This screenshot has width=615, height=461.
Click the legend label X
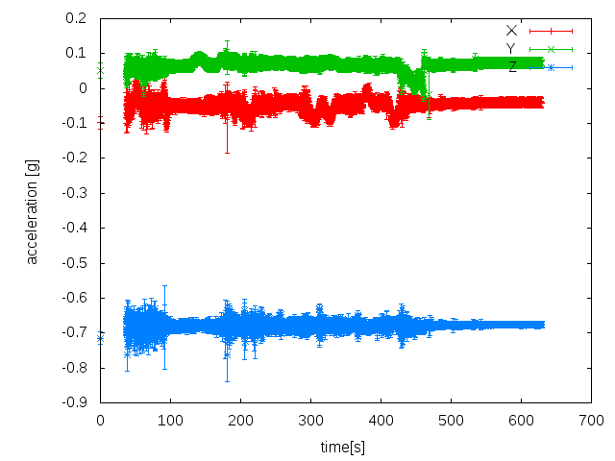pyautogui.click(x=511, y=30)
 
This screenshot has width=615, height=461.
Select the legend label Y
pyautogui.click(x=511, y=48)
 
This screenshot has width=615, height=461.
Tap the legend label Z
pyautogui.click(x=511, y=66)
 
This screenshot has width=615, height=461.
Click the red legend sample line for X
pyautogui.click(x=551, y=30)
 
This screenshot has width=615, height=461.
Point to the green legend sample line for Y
pyautogui.click(x=551, y=48)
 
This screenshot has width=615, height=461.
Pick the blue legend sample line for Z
pyautogui.click(x=551, y=66)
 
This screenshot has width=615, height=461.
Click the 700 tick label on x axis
pyautogui.click(x=592, y=421)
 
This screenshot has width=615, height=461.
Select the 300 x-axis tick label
pyautogui.click(x=310, y=421)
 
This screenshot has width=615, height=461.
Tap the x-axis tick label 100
pyautogui.click(x=170, y=421)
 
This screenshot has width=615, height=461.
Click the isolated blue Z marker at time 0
pyautogui.click(x=100, y=338)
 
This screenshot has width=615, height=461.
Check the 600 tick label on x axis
pyautogui.click(x=522, y=421)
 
